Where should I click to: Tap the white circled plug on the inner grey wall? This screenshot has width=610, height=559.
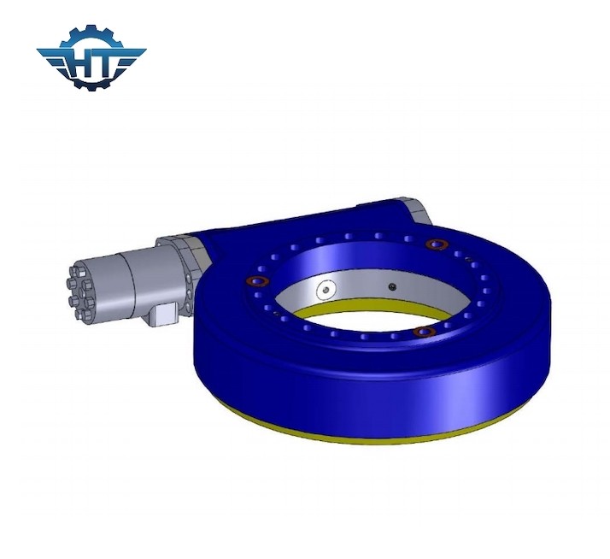323,291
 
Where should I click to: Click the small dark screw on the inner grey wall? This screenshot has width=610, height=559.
391,286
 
